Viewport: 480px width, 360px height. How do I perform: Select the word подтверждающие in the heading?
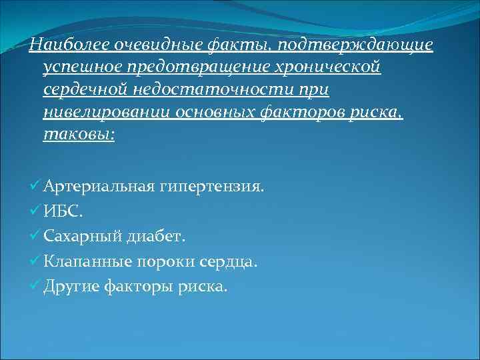coord(357,45)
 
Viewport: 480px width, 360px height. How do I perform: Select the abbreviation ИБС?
coord(65,212)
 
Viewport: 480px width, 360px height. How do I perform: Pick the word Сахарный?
coord(82,237)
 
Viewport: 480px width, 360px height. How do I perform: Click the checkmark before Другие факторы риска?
coord(35,286)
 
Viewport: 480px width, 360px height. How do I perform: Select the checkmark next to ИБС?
coord(35,212)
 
